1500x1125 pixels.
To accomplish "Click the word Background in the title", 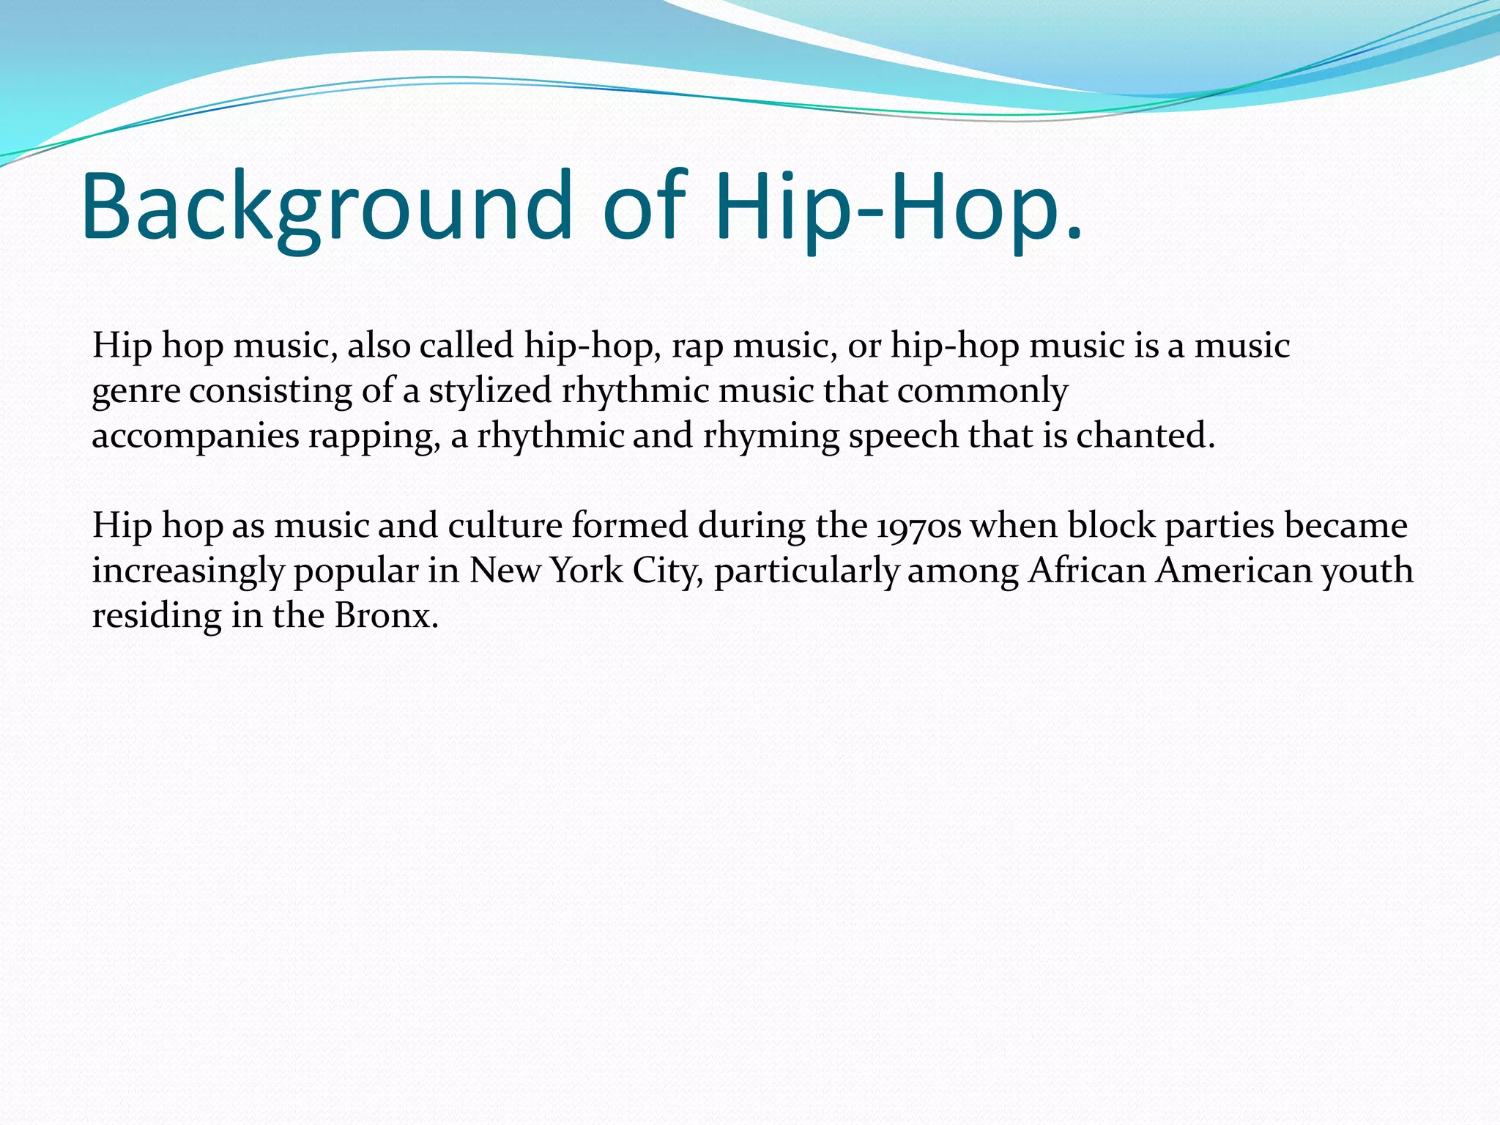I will coord(327,207).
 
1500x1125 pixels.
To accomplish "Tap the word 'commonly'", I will coord(982,391).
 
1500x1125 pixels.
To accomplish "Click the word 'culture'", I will coord(505,526).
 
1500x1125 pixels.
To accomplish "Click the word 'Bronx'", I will coord(385,616).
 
